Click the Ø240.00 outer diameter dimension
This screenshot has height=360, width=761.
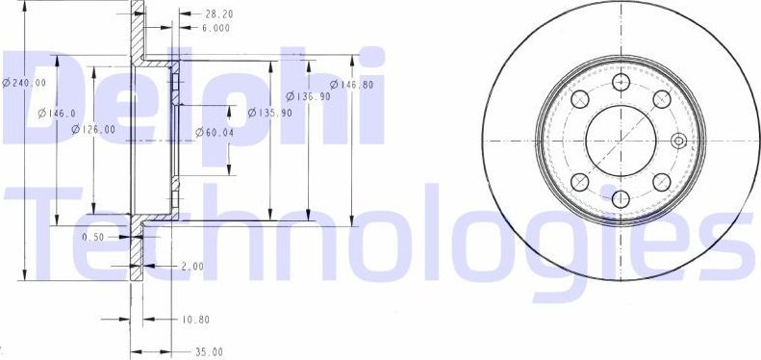click(24, 83)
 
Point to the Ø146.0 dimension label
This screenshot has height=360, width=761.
click(57, 114)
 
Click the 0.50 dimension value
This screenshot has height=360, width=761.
click(93, 237)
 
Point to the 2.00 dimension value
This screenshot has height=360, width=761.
click(191, 266)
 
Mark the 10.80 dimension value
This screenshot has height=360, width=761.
click(196, 318)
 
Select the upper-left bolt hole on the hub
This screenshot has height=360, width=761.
click(578, 99)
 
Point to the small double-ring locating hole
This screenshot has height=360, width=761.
click(678, 141)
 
